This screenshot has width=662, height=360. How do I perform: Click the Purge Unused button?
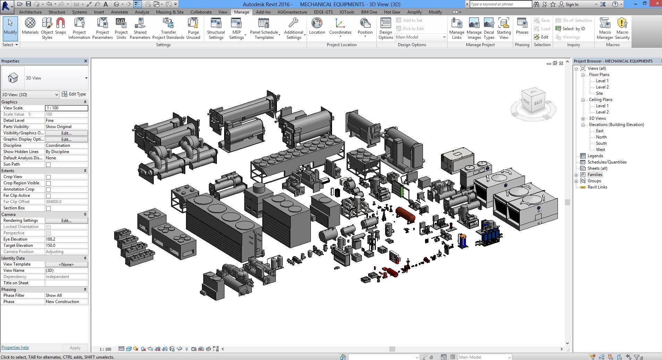(193, 28)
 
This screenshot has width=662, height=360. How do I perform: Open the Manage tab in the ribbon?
(241, 12)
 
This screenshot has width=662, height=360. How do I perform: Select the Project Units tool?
(121, 28)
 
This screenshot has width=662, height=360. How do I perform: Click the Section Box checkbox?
(49, 208)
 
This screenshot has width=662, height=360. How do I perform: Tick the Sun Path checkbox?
(49, 165)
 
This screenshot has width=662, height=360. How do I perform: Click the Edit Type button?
(74, 94)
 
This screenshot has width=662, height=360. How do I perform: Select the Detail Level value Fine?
(66, 120)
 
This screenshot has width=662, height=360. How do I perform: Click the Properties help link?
(15, 348)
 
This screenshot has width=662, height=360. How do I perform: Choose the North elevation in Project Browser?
(601, 137)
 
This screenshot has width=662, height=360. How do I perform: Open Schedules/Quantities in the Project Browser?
(607, 162)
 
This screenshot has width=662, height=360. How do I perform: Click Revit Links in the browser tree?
(597, 187)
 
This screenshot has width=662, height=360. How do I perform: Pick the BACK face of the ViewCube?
(538, 102)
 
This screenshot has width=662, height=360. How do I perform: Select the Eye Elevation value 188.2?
(66, 239)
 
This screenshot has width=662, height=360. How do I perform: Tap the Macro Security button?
(622, 28)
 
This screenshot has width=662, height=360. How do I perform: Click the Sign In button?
(571, 5)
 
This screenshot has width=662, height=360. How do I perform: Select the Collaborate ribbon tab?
(201, 12)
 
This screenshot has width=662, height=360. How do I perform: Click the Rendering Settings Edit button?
(66, 220)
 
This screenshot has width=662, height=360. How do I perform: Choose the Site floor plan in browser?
(599, 93)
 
